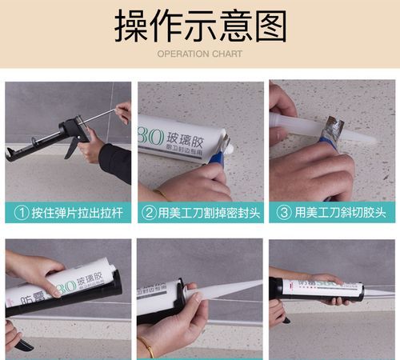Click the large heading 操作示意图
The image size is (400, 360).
[x=199, y=26]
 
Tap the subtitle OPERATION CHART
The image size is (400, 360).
[x=199, y=54]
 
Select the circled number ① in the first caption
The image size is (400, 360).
[x=22, y=213]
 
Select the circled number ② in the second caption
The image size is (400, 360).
[x=150, y=213]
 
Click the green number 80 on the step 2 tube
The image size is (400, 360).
[x=153, y=131]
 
